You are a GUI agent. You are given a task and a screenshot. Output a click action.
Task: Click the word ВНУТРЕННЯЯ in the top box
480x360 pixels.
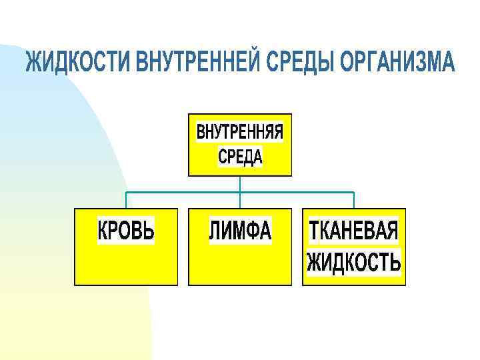[240, 133]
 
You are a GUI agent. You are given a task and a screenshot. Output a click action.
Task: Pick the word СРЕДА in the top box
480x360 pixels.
[241, 157]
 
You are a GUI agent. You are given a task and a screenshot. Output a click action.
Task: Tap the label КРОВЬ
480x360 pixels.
[126, 231]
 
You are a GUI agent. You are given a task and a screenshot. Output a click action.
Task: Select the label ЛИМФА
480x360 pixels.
[241, 231]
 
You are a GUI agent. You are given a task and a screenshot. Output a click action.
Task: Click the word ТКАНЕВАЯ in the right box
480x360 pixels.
[353, 231]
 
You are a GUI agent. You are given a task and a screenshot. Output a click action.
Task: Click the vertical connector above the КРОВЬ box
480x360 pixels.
[127, 201]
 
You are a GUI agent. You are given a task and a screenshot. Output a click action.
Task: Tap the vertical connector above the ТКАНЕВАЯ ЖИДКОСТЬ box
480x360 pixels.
[354, 201]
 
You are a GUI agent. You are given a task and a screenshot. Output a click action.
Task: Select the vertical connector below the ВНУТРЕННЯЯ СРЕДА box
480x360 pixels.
[241, 185]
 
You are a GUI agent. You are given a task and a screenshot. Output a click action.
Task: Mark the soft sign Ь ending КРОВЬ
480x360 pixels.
[149, 231]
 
